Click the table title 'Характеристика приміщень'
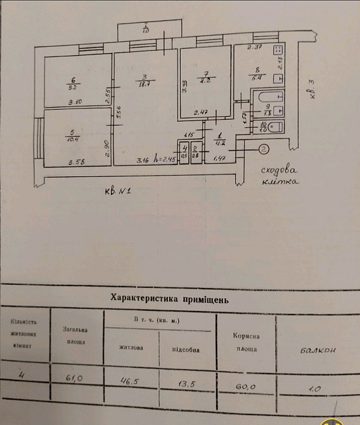click(x=169, y=297)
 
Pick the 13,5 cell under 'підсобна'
click(x=184, y=383)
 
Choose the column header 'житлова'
click(x=132, y=347)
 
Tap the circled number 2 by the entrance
click(x=263, y=149)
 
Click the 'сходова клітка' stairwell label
click(x=280, y=176)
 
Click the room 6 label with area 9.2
click(x=74, y=83)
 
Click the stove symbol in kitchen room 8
click(x=277, y=53)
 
